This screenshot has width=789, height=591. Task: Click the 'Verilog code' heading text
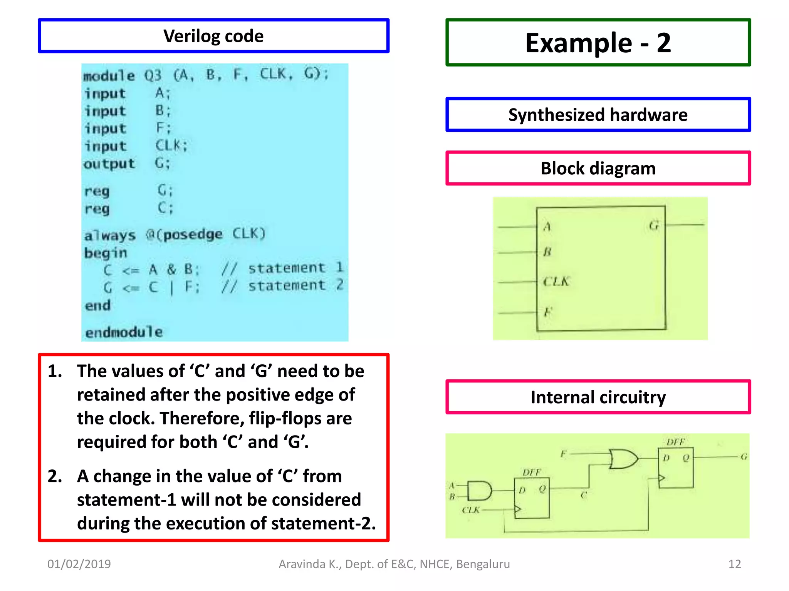(213, 36)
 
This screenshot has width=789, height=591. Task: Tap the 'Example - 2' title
(598, 43)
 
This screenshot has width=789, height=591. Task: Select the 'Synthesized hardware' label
(598, 115)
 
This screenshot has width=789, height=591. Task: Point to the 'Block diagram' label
(598, 169)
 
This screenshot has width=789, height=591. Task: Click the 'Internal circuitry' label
(598, 397)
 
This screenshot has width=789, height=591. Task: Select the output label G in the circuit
(744, 457)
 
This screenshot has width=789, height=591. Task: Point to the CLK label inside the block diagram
(556, 282)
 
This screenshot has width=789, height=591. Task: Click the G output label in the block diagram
(654, 225)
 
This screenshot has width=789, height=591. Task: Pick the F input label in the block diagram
(548, 312)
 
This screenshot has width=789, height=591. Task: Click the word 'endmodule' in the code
(124, 332)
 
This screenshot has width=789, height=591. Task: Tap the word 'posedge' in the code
(193, 234)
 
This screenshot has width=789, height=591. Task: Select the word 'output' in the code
(109, 164)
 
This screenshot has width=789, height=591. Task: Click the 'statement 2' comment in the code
(295, 285)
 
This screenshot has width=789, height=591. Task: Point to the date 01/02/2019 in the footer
(79, 564)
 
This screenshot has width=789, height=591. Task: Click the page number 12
(734, 564)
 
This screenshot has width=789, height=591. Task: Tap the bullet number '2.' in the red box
(55, 476)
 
